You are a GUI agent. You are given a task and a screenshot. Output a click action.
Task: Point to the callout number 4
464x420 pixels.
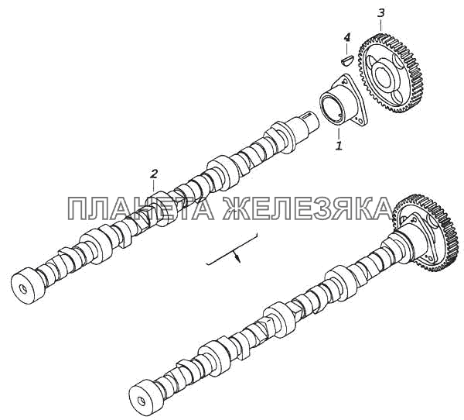pyautogui.click(x=347, y=37)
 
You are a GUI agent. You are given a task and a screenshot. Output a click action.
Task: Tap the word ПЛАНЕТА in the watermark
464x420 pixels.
pyautogui.click(x=140, y=209)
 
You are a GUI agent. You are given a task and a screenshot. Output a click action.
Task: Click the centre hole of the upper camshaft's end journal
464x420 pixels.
pyautogui.click(x=24, y=290)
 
